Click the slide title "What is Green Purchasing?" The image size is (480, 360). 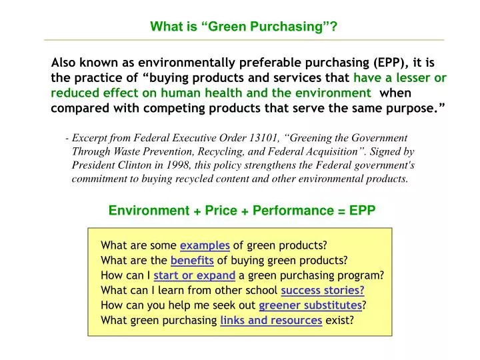click(x=243, y=27)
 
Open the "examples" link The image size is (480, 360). click(x=205, y=245)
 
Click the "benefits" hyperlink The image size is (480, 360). click(x=192, y=260)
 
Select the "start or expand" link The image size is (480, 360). click(x=194, y=275)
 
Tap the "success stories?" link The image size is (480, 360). click(x=323, y=290)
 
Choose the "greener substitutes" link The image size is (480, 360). click(x=310, y=305)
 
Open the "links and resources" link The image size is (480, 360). click(x=271, y=320)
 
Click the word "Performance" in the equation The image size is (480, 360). click(x=284, y=211)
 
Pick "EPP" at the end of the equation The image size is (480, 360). click(x=362, y=211)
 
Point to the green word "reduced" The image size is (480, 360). click(x=75, y=93)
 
